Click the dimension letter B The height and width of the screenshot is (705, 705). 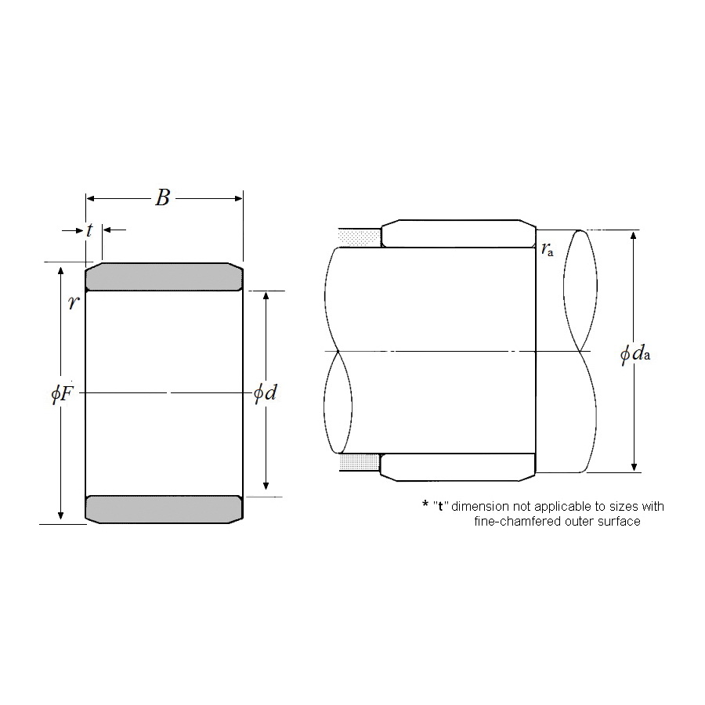point(163,198)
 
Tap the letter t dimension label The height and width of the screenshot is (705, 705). point(89,230)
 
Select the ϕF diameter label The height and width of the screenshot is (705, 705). point(62,394)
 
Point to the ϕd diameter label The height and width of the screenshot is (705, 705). point(265,393)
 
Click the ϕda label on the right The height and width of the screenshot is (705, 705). point(634,354)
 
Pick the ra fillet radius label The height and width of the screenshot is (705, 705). point(548,248)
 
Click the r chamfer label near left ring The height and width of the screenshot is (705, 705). point(74,302)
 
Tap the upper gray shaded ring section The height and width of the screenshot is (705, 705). point(164,277)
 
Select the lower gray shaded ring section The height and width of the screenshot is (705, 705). point(164,509)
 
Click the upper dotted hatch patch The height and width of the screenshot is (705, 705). point(359,237)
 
